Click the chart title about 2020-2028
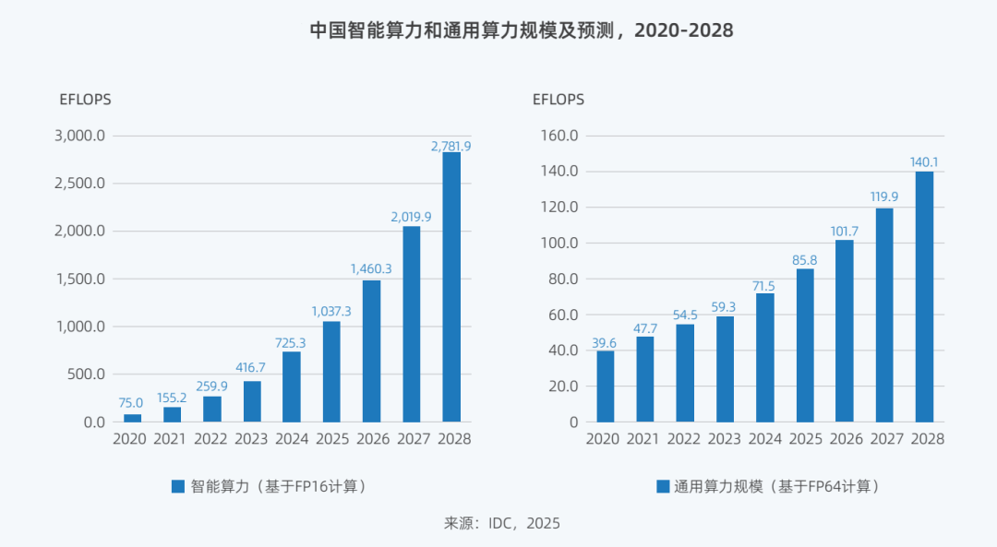pyautogui.click(x=521, y=30)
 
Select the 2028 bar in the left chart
pyautogui.click(x=451, y=287)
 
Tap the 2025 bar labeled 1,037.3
pyautogui.click(x=330, y=371)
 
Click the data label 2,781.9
pyautogui.click(x=451, y=146)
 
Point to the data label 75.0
pyautogui.click(x=132, y=402)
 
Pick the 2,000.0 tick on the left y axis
pyautogui.click(x=82, y=231)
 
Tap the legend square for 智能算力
pyautogui.click(x=178, y=486)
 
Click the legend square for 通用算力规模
pyautogui.click(x=662, y=486)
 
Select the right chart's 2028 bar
pyautogui.click(x=924, y=297)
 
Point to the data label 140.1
pyautogui.click(x=924, y=162)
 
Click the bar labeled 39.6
pyautogui.click(x=605, y=386)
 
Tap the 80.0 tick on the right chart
pyautogui.click(x=561, y=279)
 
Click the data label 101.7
pyautogui.click(x=844, y=231)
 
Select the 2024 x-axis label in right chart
pyautogui.click(x=764, y=439)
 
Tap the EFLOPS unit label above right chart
pyautogui.click(x=558, y=100)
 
